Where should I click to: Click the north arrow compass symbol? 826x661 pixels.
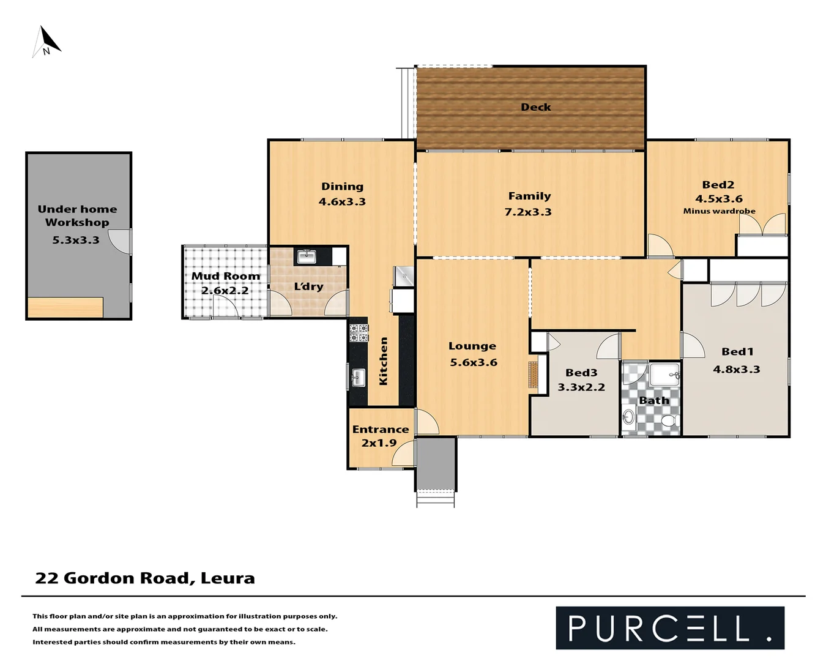pos(47,42)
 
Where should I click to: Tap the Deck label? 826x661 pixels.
pos(535,107)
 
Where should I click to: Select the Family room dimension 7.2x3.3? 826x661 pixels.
pos(528,212)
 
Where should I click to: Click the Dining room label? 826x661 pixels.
pos(342,187)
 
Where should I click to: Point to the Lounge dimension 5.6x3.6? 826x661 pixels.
pos(473,362)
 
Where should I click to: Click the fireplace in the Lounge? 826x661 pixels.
pos(534,374)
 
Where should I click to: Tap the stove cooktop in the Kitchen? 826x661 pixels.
pos(359,332)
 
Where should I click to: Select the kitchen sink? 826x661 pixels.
pos(358,378)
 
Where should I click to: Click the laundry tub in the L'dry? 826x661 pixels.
pos(305,256)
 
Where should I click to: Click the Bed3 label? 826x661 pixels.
pos(581,373)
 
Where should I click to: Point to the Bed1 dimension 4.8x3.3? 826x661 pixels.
pos(736,370)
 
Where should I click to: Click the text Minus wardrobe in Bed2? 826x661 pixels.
pos(719,211)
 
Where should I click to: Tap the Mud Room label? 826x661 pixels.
pos(225,276)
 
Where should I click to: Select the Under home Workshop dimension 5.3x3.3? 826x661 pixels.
pos(75,241)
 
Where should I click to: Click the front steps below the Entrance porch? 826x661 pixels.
pos(436,498)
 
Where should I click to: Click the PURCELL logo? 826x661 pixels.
pos(669,628)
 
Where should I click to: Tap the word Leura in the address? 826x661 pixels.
pos(228,578)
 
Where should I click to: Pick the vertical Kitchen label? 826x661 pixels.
pos(384,361)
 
